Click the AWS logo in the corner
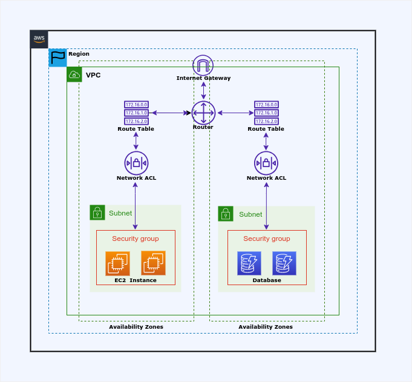[x=39, y=39]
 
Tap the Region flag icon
[x=58, y=58]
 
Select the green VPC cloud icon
[x=74, y=74]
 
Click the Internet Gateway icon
[x=203, y=65]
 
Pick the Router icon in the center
[x=203, y=113]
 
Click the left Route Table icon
[x=136, y=113]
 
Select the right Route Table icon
[x=266, y=113]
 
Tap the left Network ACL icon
[x=136, y=163]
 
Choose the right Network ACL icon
[x=266, y=163]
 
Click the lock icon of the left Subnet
[x=97, y=212]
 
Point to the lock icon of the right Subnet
[x=226, y=214]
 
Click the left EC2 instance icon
[x=117, y=263]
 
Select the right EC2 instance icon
[x=154, y=263]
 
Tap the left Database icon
[x=249, y=263]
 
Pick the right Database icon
[x=284, y=263]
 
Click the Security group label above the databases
[x=267, y=239]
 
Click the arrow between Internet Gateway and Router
[x=203, y=89]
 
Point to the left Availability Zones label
[x=136, y=327]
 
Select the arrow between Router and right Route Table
[x=235, y=113]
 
